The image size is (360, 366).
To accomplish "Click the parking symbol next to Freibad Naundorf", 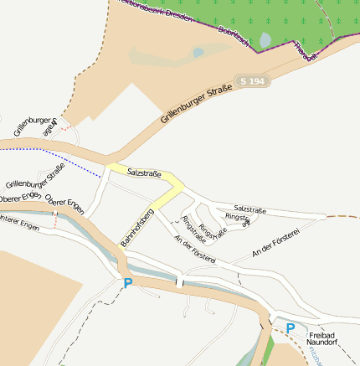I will coord(291,328).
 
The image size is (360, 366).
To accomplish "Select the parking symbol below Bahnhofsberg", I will coord(127,284).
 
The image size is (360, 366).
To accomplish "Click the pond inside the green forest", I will coord(265,39).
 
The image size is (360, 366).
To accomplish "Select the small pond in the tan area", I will coord(198,53).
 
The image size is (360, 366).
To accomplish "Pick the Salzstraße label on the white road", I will coord(250,208).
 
